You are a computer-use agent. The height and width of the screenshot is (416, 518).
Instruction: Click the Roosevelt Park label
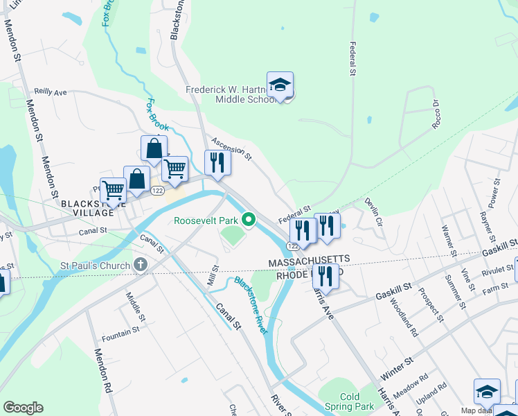206,220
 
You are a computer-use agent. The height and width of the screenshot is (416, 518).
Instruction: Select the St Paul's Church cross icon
141,265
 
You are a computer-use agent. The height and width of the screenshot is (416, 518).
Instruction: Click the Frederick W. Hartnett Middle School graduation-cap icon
280,86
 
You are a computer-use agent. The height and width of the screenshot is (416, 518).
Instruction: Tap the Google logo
23,408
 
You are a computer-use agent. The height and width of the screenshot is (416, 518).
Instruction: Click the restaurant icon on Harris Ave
325,277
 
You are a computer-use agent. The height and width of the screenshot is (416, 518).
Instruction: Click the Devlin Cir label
373,213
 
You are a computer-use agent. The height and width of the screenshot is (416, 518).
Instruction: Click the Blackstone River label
251,305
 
